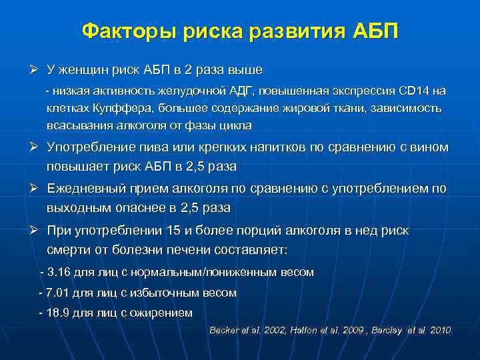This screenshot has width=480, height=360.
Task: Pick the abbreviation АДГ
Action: click(x=235, y=91)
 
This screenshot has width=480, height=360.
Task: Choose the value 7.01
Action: click(x=58, y=293)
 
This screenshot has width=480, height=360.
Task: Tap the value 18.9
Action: click(x=58, y=313)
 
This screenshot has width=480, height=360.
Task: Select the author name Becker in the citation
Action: click(x=225, y=331)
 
